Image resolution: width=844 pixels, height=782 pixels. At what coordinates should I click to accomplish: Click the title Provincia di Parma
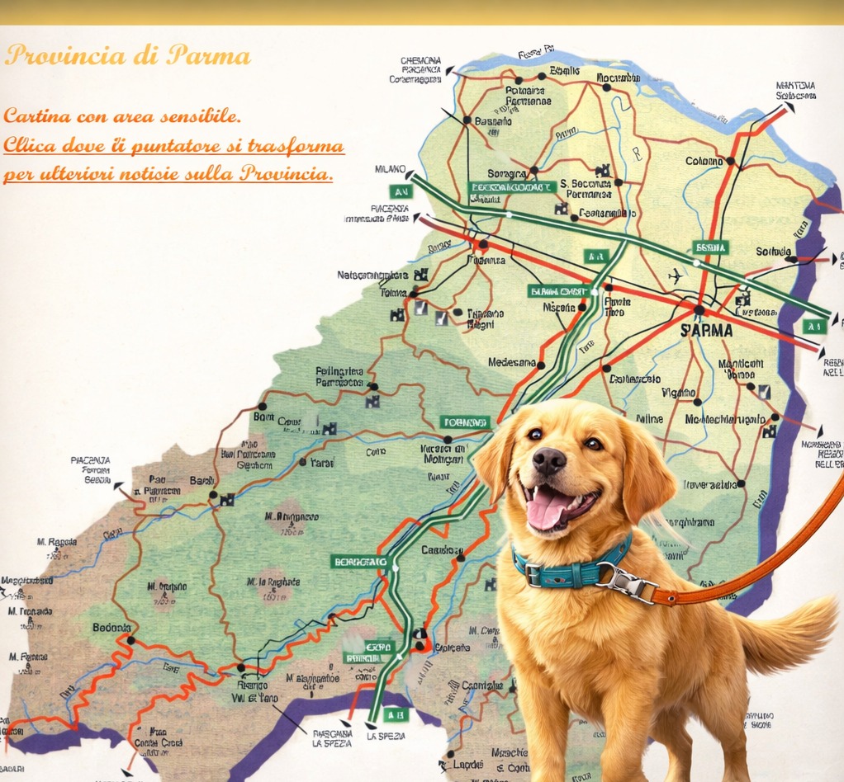127,56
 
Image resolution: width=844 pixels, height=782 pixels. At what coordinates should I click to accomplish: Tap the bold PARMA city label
706,330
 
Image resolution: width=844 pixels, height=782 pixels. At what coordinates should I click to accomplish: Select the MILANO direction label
390,169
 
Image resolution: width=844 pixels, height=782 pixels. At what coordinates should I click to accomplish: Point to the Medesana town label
512,362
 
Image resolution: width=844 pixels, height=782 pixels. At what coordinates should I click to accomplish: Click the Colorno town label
704,162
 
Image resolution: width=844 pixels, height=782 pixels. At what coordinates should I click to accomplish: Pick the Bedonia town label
111,628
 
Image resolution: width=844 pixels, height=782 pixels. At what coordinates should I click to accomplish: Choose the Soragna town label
506,174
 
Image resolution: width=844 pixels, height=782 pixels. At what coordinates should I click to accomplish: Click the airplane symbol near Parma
676,275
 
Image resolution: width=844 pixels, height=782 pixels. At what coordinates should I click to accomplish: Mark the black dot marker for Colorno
730,161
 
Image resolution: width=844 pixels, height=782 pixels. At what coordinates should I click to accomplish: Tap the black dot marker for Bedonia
130,639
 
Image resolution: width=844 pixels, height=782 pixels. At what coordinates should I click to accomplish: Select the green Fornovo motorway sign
464,422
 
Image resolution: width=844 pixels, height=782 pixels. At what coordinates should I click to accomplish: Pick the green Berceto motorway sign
359,562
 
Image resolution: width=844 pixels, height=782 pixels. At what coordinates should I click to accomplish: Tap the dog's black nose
549,462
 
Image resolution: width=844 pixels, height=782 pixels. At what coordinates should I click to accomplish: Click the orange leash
768,561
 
